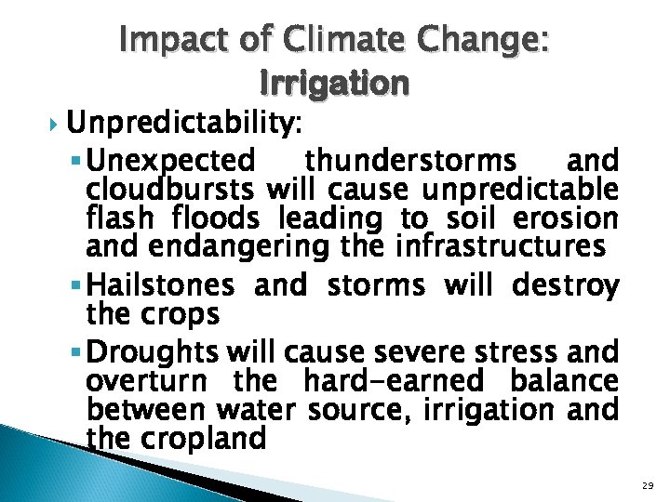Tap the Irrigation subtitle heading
(335, 85)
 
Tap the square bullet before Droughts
(75, 350)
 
